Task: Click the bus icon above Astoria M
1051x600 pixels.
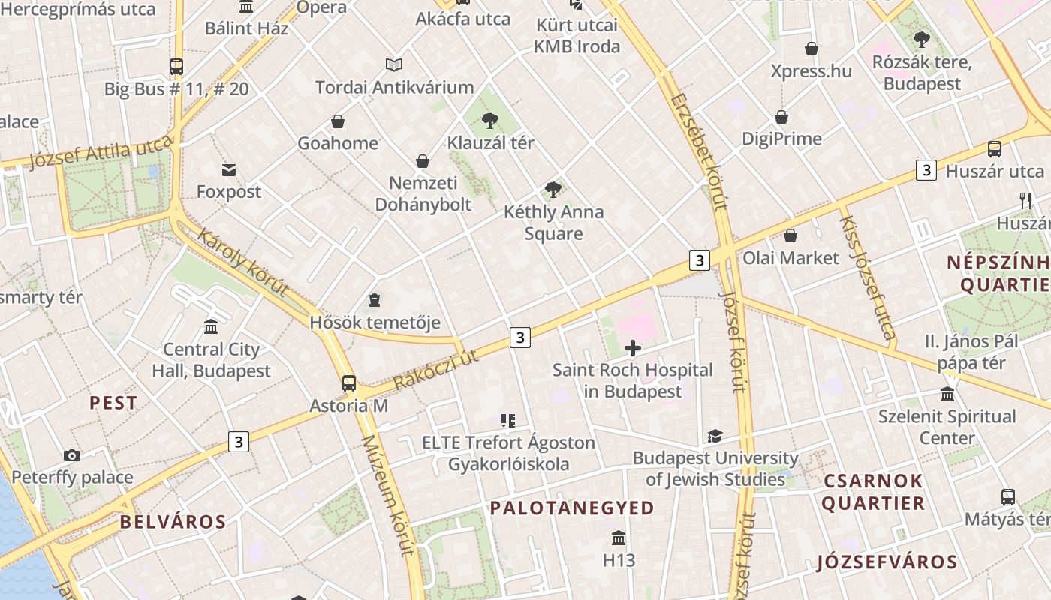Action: (x=349, y=382)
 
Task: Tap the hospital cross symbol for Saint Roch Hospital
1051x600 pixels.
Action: (x=633, y=347)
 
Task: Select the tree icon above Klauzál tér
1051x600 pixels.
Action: (x=490, y=120)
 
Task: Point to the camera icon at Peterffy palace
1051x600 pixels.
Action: (x=72, y=455)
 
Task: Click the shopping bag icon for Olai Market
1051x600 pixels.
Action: (x=791, y=235)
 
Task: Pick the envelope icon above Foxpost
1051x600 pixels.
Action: (x=229, y=170)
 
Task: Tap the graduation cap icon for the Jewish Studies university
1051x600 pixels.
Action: (x=715, y=436)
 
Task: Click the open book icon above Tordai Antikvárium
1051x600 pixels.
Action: (x=394, y=65)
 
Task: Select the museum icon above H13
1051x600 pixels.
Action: (x=619, y=538)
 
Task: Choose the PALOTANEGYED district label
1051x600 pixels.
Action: (x=572, y=508)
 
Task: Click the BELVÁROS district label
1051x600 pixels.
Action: (x=173, y=522)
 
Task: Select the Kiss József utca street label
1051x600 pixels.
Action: (x=866, y=277)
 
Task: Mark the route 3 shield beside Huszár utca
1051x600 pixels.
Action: (x=926, y=170)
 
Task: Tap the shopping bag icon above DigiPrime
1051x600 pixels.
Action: (x=781, y=117)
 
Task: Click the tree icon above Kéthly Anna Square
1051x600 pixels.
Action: (x=553, y=190)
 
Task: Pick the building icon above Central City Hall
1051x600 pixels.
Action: (x=211, y=327)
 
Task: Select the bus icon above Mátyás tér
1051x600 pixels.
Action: (x=1008, y=496)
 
